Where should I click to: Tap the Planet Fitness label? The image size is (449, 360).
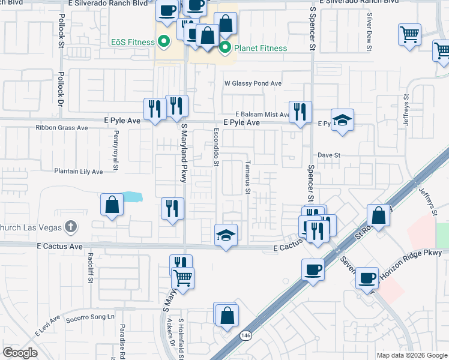click(x=261, y=48)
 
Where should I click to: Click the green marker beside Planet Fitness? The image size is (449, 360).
click(x=226, y=47)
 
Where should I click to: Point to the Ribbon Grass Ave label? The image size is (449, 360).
click(x=61, y=128)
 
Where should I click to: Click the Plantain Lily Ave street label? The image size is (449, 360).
click(x=78, y=172)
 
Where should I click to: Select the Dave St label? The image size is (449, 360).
click(x=329, y=155)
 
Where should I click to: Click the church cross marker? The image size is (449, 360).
click(x=71, y=226)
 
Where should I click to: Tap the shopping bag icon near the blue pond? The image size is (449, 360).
click(x=112, y=205)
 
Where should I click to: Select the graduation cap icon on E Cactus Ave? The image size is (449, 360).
click(x=226, y=235)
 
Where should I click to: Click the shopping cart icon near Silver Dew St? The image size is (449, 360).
click(x=409, y=34)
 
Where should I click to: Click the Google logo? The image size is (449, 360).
click(x=20, y=353)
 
